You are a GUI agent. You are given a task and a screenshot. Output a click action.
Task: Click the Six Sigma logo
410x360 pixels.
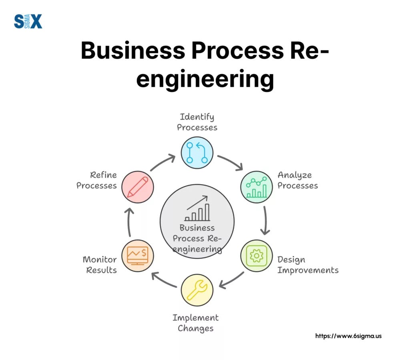tap(28, 21)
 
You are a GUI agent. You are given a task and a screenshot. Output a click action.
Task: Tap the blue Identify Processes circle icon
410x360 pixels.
tap(197, 152)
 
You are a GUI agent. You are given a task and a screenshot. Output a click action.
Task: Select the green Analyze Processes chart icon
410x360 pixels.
tap(256, 187)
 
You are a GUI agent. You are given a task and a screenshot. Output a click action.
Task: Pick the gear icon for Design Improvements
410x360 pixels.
tap(256, 256)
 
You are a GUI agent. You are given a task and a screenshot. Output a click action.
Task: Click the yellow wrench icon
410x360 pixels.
tap(197, 290)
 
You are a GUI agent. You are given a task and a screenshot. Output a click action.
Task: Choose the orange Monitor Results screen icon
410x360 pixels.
tap(137, 256)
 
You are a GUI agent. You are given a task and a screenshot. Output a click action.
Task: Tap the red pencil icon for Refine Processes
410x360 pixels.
tap(137, 187)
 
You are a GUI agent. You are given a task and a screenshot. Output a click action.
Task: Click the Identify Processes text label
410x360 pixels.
tap(197, 122)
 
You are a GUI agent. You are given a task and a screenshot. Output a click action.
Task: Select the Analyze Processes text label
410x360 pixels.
tap(297, 180)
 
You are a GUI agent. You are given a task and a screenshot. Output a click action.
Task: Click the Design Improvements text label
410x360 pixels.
tap(307, 265)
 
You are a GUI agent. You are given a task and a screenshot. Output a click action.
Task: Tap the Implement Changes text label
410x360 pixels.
tap(195, 323)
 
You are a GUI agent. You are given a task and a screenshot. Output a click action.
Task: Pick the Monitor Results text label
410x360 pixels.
tap(100, 265)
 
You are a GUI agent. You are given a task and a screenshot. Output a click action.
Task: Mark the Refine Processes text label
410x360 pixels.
tap(96, 180)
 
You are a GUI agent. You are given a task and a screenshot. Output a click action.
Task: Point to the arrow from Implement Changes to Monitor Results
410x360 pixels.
tap(164, 280)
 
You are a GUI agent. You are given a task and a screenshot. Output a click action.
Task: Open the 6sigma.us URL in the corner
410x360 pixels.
tap(348, 336)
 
